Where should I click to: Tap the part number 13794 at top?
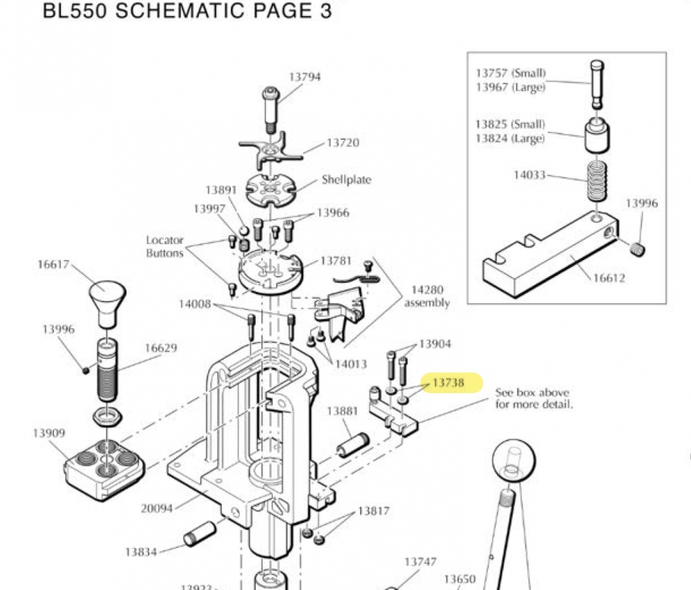click(304, 77)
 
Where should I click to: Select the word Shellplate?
click(346, 180)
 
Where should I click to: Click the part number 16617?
click(53, 264)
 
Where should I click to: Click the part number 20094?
click(158, 508)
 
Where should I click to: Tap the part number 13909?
click(49, 433)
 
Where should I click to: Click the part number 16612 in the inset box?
click(609, 278)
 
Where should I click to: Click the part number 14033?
click(529, 175)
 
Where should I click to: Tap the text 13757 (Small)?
click(510, 73)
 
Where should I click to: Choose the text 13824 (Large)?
click(510, 138)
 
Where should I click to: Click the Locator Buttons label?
click(164, 247)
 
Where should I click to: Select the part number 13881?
click(342, 411)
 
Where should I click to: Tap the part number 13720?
click(343, 142)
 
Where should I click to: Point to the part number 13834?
click(141, 552)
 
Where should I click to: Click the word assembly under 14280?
click(427, 302)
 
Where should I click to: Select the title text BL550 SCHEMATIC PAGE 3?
click(187, 12)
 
